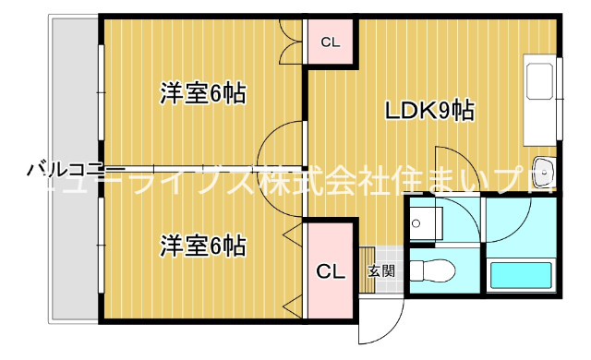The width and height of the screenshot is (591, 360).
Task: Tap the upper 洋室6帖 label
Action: [x=202, y=93]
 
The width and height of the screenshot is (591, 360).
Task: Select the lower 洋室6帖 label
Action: [x=202, y=246]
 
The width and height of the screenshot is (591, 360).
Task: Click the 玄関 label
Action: [x=381, y=271]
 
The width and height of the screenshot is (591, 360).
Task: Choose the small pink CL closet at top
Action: [x=330, y=42]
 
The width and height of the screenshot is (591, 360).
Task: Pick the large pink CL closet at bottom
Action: [x=331, y=271]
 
